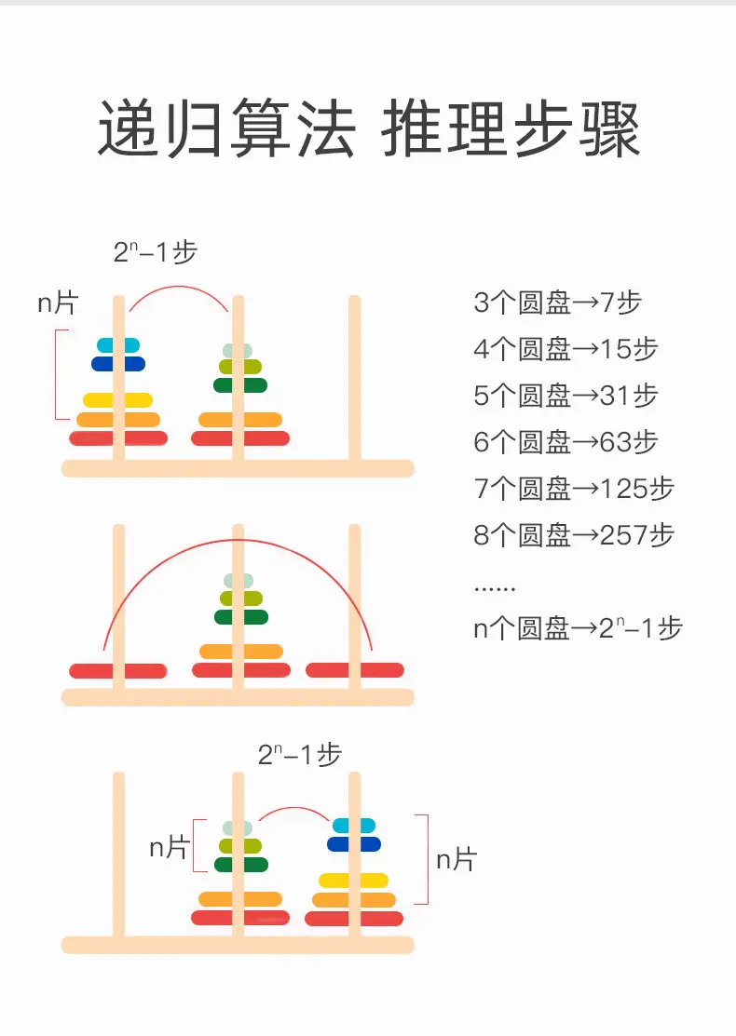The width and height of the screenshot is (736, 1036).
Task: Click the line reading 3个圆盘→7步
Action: click(557, 303)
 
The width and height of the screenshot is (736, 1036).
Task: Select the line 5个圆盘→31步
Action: click(566, 395)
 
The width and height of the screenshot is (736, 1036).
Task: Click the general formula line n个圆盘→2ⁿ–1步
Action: click(578, 627)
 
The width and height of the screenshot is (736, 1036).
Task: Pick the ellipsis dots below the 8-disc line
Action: click(495, 588)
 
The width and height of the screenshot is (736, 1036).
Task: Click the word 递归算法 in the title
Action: click(226, 128)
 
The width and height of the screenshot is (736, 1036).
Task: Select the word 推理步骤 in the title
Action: click(511, 128)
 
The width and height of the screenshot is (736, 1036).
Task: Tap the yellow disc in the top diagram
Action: click(117, 399)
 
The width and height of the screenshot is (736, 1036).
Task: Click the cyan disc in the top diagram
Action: click(118, 345)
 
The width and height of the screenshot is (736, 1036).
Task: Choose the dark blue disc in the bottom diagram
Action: click(354, 843)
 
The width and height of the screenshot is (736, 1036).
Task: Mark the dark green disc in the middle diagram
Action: click(240, 617)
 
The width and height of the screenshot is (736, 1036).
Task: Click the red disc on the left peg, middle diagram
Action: click(117, 671)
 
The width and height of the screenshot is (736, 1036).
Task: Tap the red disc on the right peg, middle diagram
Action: click(354, 670)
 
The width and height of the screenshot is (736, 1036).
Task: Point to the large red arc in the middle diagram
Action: click(239, 541)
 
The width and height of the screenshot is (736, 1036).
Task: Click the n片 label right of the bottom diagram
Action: click(457, 859)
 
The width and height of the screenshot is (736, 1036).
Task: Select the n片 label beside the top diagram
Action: click(58, 303)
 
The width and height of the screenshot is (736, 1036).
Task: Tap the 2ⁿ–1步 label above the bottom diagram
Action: click(300, 755)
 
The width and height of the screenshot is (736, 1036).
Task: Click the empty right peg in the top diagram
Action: click(354, 378)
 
